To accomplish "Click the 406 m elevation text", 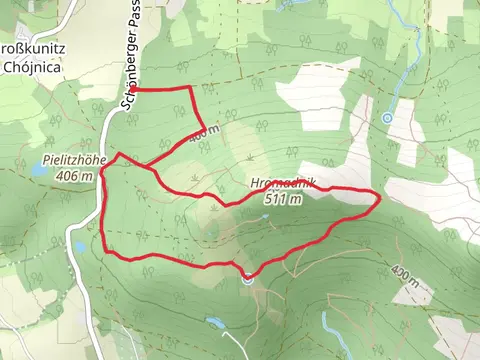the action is pos(75,175).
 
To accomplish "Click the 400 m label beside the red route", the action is pos(203,131).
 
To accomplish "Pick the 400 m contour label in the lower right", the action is pos(402,272).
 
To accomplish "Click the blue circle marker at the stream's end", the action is pos(387,118).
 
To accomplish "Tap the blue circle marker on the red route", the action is pos(247,279).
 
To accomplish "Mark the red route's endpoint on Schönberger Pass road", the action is pos(132,90).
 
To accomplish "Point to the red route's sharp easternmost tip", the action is pos(378,199).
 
